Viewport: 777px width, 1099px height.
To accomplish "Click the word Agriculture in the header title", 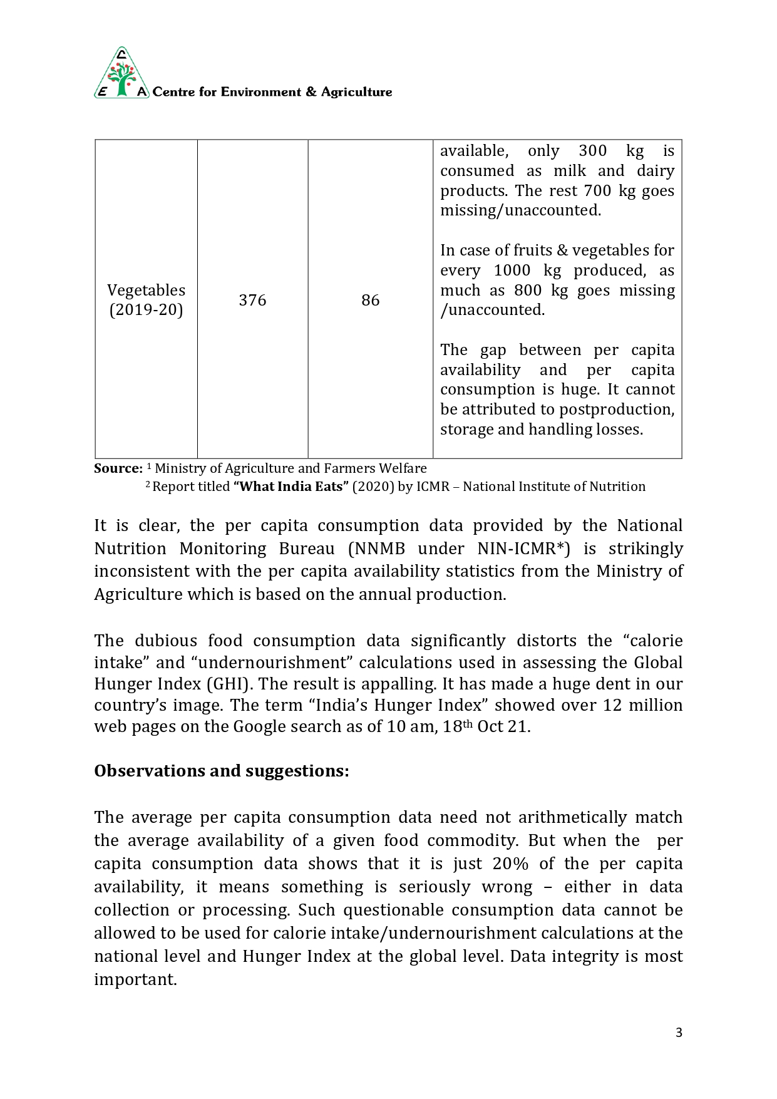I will coord(356,92).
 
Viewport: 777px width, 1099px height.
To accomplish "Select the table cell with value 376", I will coord(252,300).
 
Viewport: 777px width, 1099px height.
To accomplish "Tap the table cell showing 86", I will coord(370,300).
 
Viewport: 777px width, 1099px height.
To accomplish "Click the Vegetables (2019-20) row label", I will coord(146,300).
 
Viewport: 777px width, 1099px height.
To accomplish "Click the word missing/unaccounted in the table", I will coord(520,210).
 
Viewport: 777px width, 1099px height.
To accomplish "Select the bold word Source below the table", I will coord(118,468).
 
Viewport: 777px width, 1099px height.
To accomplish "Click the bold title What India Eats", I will coord(291,487).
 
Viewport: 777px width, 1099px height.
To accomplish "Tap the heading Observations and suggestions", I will coord(221,771).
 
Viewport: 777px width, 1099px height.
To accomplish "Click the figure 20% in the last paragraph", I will coord(510,864).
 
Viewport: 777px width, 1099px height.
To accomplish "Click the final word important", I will coord(135,979).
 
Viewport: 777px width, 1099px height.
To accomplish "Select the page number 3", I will coord(679,1033).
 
